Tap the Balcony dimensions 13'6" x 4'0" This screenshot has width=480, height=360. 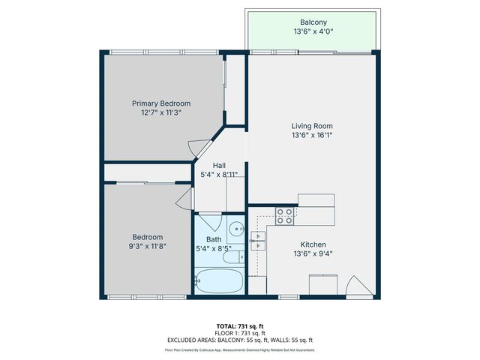click(312, 32)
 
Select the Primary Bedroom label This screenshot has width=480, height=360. click(161, 103)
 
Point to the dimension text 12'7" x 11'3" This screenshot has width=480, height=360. click(161, 112)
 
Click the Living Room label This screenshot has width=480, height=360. click(312, 126)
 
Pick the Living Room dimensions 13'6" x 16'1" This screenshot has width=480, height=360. click(312, 136)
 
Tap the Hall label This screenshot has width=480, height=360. click(219, 165)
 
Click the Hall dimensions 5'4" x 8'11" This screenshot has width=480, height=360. click(219, 174)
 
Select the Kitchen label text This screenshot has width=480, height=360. click(313, 244)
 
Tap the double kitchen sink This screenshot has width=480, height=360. click(257, 239)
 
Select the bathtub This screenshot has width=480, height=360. click(218, 282)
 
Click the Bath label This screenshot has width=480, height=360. click(214, 239)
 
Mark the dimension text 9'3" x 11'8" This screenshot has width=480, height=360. click(147, 247)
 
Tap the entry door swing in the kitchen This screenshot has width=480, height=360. click(357, 286)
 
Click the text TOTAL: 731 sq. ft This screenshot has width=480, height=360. click(239, 326)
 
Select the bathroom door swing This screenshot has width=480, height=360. click(210, 223)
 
